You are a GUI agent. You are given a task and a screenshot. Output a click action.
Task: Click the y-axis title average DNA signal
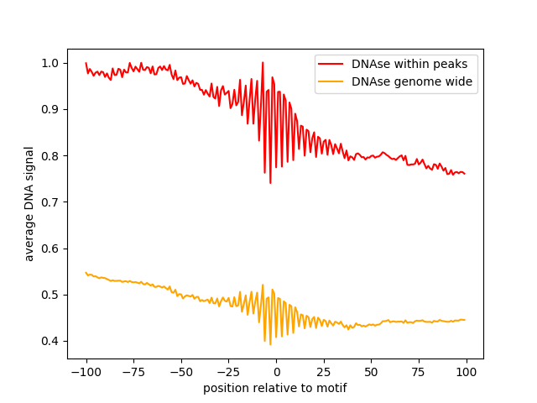click(x=29, y=203)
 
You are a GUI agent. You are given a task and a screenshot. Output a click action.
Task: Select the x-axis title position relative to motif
click(x=274, y=388)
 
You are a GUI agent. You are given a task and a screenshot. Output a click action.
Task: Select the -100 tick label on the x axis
click(x=86, y=371)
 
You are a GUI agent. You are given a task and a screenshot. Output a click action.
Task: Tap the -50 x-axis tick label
click(x=181, y=371)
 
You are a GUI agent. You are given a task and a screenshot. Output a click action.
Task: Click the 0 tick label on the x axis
click(x=276, y=371)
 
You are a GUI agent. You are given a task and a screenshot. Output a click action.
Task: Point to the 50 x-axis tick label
click(x=372, y=371)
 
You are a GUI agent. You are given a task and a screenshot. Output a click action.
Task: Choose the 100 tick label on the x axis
click(x=467, y=371)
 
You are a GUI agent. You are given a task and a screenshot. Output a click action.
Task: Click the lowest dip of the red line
click(x=270, y=182)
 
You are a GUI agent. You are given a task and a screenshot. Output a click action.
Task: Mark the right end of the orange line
click(x=465, y=320)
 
